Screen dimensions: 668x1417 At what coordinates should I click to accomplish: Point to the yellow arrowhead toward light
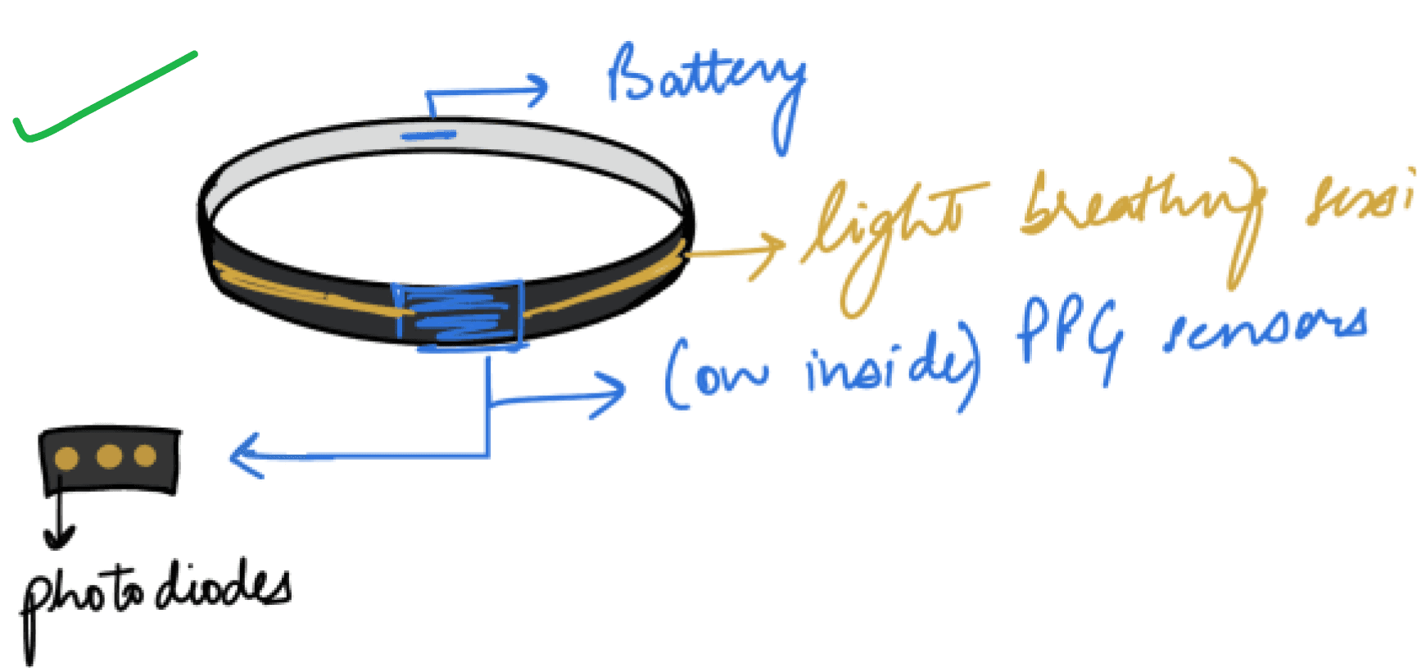770,249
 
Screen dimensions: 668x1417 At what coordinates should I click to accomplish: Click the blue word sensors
1265,328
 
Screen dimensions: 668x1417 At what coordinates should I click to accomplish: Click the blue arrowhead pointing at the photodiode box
242,456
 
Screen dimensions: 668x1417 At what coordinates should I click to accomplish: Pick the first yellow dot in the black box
66,458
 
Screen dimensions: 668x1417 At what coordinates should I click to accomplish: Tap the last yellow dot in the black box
146,456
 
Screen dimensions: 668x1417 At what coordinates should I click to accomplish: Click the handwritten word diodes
221,586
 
